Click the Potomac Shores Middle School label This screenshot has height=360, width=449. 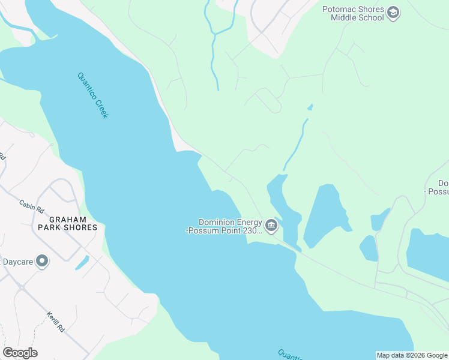coord(353,13)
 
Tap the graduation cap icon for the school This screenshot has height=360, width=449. coord(393,13)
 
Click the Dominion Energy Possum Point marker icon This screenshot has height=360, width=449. coord(271,226)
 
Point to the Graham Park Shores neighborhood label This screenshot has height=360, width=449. coord(67,223)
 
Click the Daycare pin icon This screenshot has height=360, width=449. coord(42,261)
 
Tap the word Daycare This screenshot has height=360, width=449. coord(17,262)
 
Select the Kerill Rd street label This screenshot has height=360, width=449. coord(55,322)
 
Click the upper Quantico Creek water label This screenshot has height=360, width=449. coord(92,95)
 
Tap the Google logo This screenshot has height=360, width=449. coord(20,353)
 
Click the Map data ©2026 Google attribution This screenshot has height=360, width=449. coord(412,355)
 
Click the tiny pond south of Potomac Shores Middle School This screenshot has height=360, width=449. coord(310,107)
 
